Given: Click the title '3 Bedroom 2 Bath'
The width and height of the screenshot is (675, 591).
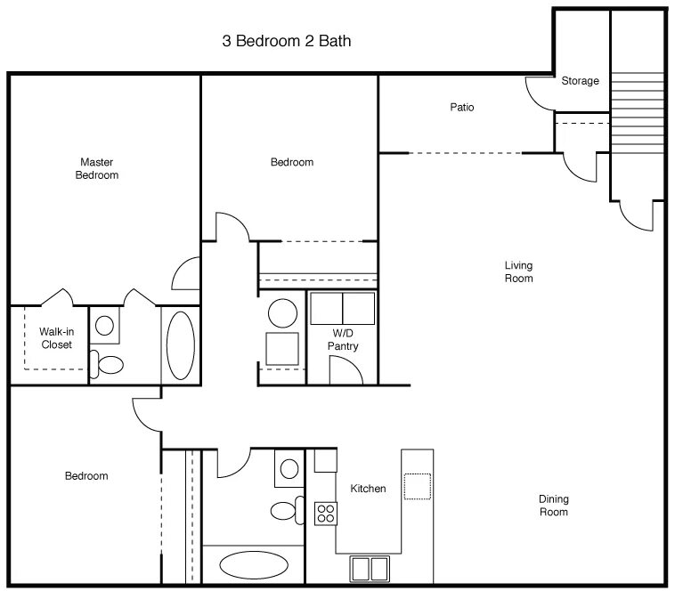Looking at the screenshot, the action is [x=287, y=41].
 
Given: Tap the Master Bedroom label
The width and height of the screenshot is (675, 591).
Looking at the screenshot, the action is [x=97, y=168].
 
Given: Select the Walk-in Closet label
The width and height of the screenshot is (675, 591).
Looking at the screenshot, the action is [x=56, y=338].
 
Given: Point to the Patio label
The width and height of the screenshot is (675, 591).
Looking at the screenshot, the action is [x=462, y=107].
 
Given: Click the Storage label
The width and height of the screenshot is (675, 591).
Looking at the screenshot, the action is [x=580, y=81].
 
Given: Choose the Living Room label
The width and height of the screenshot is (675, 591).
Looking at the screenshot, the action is [x=519, y=271].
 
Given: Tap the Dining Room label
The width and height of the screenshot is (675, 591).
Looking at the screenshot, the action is [x=554, y=506].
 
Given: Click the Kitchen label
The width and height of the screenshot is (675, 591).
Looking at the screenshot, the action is [x=368, y=489].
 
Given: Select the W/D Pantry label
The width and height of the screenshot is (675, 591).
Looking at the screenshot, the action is [x=343, y=340].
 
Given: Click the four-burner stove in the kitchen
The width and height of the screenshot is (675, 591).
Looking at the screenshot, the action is [x=326, y=514].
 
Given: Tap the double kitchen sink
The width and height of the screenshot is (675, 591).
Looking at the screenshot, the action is [x=370, y=569].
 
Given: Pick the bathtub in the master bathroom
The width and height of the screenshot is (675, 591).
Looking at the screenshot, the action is [x=181, y=345].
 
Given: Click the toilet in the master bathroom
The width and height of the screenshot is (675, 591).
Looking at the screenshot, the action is [x=106, y=364].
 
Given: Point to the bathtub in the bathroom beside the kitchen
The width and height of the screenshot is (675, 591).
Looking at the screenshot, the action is [x=254, y=565].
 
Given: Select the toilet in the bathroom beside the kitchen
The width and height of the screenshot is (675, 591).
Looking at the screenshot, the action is [x=288, y=511].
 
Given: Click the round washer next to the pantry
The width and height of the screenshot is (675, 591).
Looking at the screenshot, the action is [x=282, y=312].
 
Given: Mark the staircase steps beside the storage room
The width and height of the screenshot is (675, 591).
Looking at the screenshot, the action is [x=637, y=113].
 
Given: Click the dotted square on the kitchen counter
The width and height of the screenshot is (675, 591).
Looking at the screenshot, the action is [x=417, y=487].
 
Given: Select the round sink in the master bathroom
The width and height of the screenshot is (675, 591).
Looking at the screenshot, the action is [x=104, y=325].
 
